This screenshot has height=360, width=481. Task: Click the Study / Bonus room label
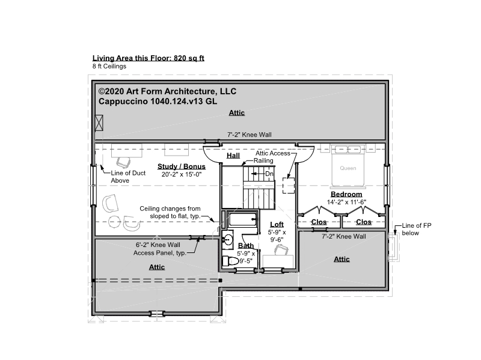(x=182, y=166)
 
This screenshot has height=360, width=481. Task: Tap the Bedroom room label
(x=346, y=194)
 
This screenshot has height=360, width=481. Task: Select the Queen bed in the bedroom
(x=348, y=166)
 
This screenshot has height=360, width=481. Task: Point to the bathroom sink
(x=228, y=239)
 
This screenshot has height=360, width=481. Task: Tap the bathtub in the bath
(x=242, y=219)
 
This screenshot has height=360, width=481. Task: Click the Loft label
(x=277, y=224)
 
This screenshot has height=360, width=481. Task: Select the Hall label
(x=233, y=156)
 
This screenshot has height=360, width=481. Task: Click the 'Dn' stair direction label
(x=269, y=174)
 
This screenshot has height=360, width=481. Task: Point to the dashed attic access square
(x=289, y=185)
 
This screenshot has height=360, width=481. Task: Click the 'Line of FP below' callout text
(x=417, y=229)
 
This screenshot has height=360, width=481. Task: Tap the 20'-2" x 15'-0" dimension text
(x=182, y=174)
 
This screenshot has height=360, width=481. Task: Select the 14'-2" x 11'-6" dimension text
(x=346, y=202)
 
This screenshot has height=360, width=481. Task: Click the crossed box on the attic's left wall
(x=99, y=123)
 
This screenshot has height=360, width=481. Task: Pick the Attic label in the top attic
(x=237, y=113)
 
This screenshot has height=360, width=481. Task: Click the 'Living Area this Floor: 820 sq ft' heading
(x=149, y=58)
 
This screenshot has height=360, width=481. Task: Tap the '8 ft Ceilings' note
(x=109, y=66)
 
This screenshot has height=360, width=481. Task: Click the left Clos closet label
(x=319, y=222)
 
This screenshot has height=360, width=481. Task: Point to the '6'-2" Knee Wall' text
(x=158, y=245)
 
